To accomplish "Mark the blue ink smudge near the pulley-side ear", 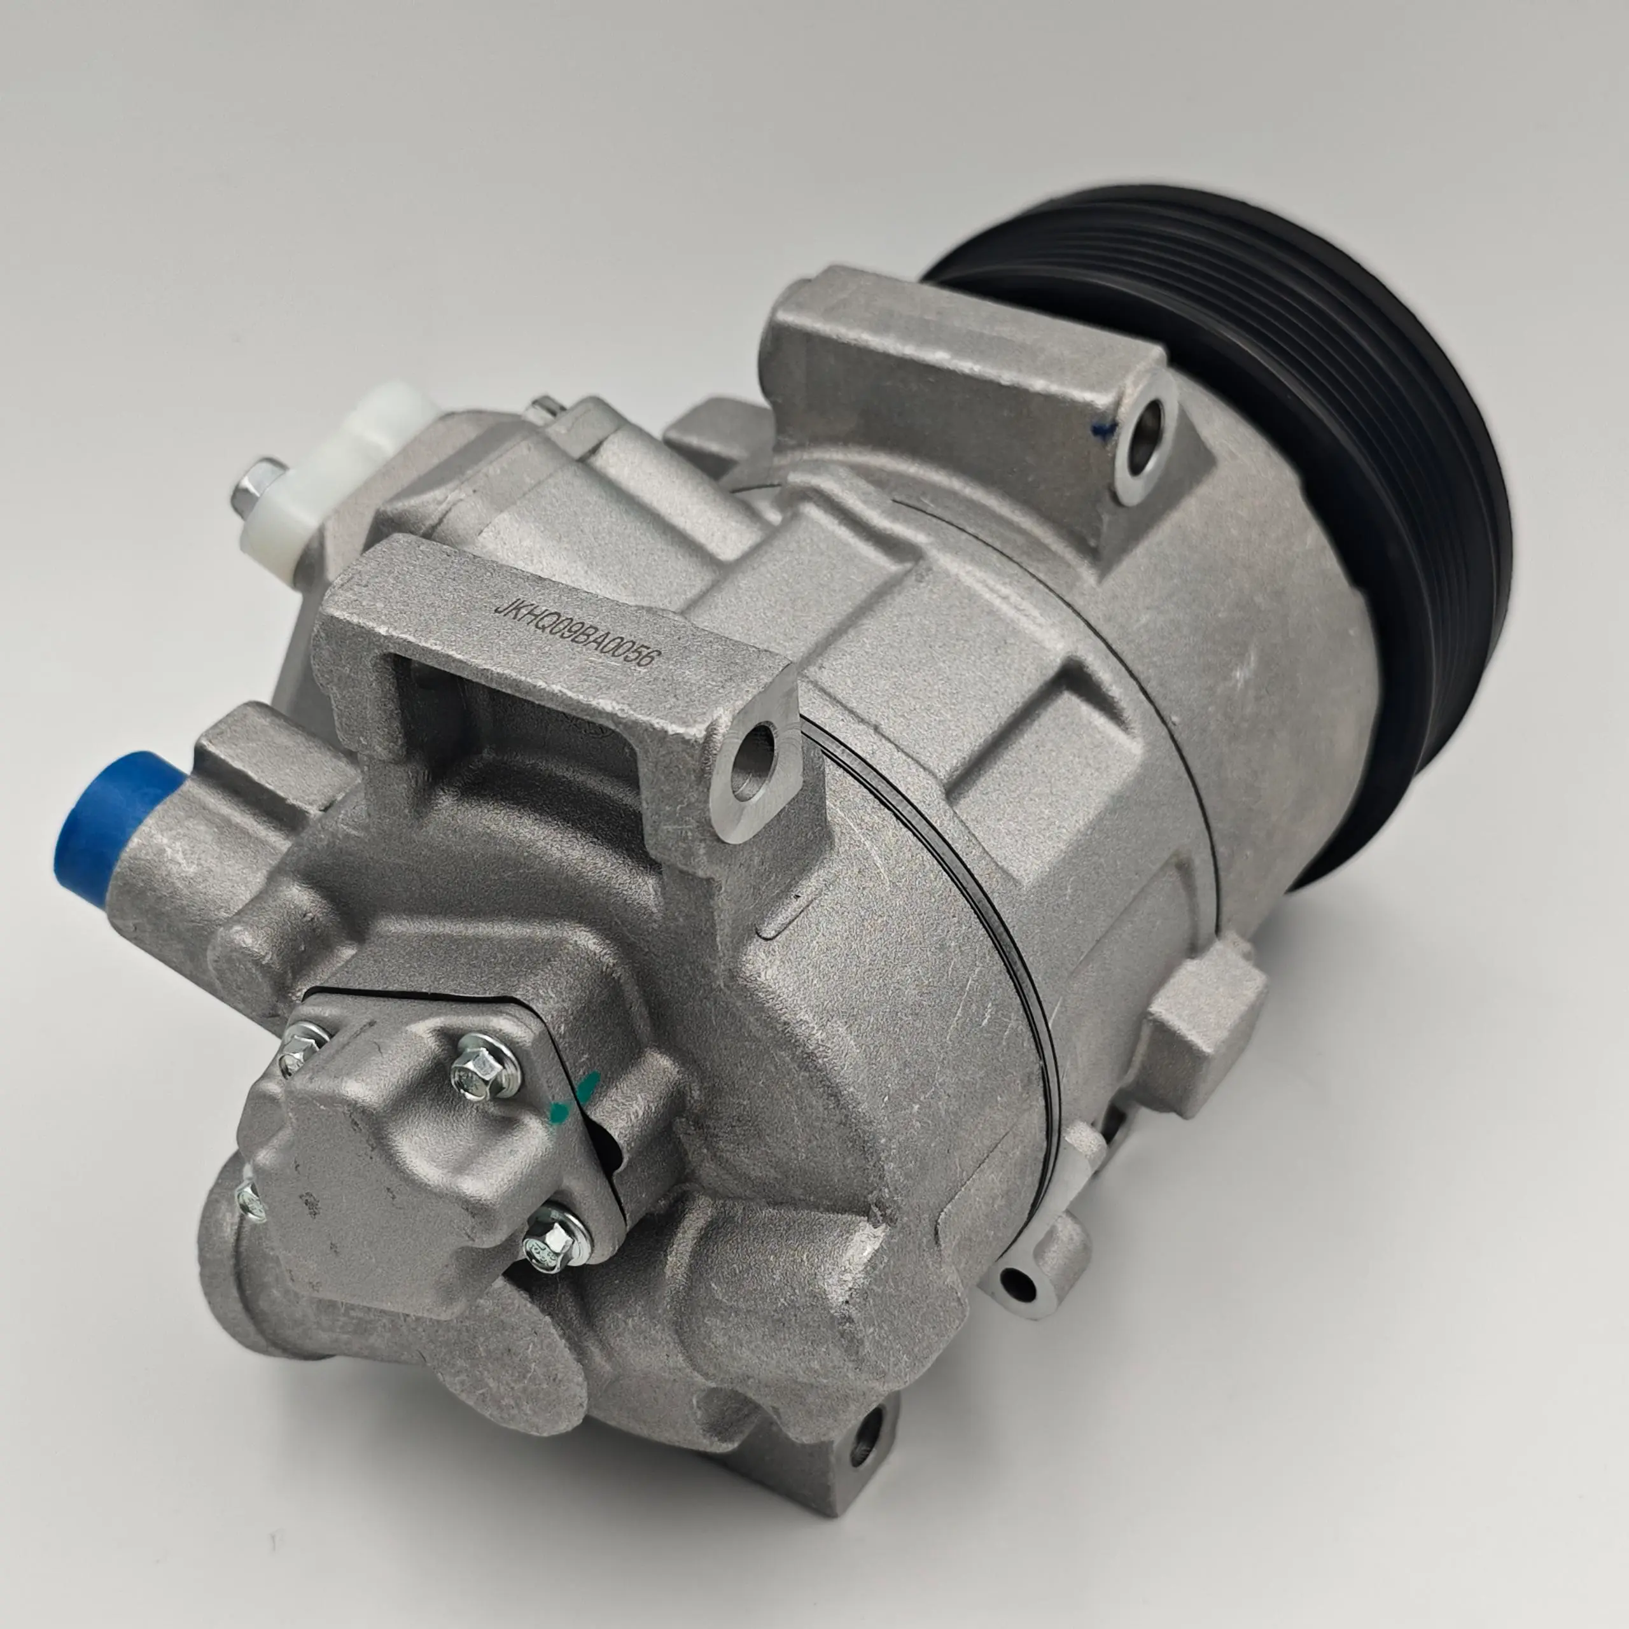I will click(1111, 428).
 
